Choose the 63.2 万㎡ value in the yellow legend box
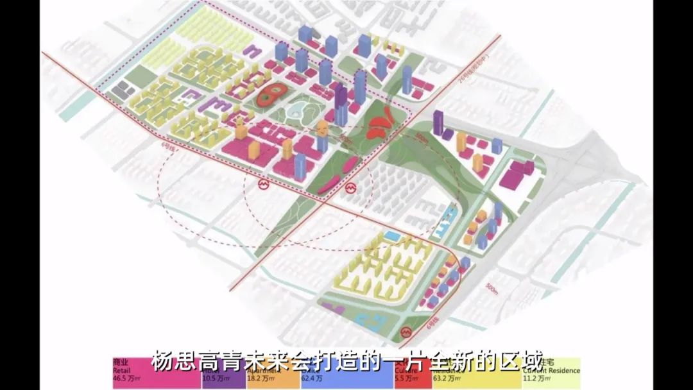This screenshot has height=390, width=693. pyautogui.click(x=447, y=379)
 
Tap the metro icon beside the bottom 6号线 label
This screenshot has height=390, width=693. pyautogui.click(x=406, y=332)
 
